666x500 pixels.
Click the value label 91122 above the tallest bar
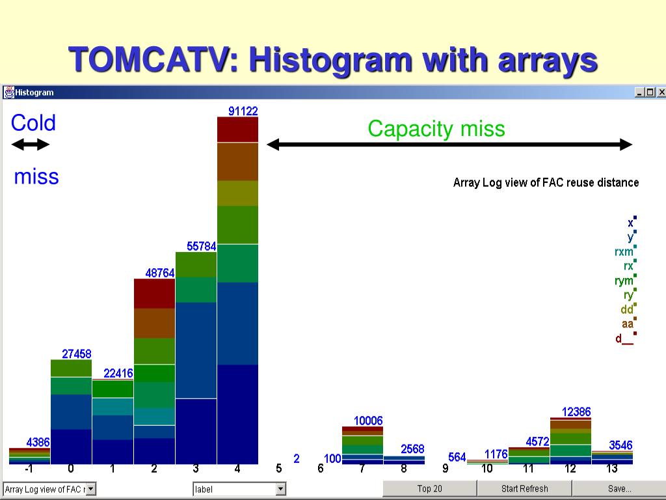[243, 111]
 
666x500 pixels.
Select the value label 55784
[201, 247]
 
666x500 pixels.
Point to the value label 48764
[159, 273]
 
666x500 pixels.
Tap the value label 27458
[77, 354]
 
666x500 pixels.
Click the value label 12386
[576, 412]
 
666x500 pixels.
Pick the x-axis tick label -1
[29, 469]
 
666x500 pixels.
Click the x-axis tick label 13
[612, 469]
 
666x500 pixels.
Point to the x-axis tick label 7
[362, 469]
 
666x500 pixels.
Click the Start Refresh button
[524, 488]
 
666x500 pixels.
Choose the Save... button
[619, 488]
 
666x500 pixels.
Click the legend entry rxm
[624, 252]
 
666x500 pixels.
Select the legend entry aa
[627, 324]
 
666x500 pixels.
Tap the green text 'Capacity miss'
[436, 129]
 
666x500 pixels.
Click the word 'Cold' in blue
[33, 123]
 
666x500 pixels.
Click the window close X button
[661, 92]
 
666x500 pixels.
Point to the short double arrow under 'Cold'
[31, 145]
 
